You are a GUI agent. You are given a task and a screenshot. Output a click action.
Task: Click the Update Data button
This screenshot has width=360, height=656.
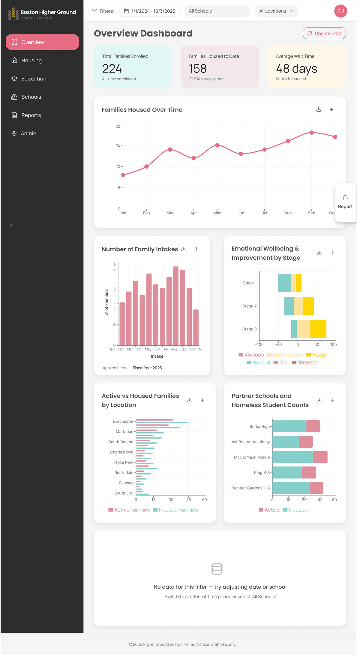point(324,33)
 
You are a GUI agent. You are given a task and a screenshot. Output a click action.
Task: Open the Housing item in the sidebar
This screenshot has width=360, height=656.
point(31,61)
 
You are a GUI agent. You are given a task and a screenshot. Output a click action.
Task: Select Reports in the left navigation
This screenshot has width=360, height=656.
point(31,115)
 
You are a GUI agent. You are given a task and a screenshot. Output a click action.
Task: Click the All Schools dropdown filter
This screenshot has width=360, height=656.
point(217,11)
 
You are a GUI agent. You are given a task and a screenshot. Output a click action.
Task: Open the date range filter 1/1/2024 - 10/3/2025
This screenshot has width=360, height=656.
point(149,11)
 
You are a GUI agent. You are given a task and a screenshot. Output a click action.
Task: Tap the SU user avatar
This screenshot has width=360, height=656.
point(340,11)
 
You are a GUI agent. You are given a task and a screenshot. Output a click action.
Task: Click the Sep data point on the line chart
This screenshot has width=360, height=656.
point(312,133)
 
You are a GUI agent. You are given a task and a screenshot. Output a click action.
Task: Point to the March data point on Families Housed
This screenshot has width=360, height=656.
point(170,149)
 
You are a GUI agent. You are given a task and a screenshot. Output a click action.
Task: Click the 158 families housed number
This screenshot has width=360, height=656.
point(198,69)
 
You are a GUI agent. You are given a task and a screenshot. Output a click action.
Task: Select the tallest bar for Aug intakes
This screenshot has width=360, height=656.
point(176,306)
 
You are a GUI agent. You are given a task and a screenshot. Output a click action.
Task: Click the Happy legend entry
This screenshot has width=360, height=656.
point(317,355)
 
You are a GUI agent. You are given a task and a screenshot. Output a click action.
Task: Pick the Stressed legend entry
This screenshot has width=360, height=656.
point(306,362)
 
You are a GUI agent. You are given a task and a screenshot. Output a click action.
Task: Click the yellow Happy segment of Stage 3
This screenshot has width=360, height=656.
point(318,329)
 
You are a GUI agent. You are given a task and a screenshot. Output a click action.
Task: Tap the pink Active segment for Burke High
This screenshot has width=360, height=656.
point(313,426)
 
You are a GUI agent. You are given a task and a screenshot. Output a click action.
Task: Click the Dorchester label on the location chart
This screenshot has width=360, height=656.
point(123,421)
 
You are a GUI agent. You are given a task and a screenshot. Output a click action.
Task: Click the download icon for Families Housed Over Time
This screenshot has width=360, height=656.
point(319,110)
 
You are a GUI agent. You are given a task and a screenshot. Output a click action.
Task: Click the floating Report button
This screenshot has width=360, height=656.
point(345,202)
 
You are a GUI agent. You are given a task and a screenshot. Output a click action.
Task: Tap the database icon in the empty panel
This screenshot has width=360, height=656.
point(217,569)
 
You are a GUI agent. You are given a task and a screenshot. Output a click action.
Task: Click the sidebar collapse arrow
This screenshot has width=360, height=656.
point(11,225)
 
